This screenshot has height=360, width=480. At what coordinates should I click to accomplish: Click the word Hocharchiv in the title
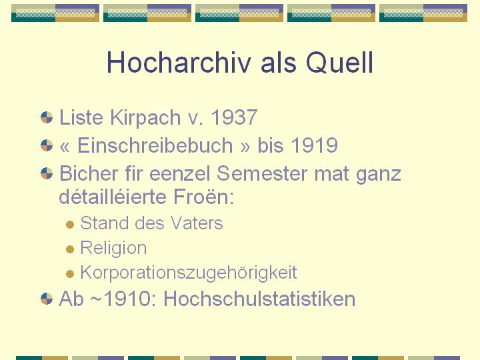click(179, 62)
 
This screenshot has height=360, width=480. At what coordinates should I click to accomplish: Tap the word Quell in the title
click(339, 62)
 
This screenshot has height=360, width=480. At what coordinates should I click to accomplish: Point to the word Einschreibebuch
click(155, 145)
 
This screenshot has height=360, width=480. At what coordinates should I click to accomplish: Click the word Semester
click(262, 173)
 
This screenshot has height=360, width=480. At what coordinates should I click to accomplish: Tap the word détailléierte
click(113, 196)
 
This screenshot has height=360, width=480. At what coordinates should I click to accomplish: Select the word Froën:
click(203, 196)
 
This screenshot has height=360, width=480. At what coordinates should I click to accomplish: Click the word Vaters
click(197, 223)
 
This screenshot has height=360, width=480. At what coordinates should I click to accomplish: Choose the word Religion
click(113, 249)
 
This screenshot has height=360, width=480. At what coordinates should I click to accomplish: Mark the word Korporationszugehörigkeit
click(189, 273)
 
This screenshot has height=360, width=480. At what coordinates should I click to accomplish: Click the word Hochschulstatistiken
click(259, 299)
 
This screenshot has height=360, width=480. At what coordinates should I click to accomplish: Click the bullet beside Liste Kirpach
click(47, 117)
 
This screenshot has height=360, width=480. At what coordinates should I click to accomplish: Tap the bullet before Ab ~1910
click(47, 299)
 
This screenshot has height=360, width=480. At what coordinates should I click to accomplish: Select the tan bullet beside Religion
click(70, 249)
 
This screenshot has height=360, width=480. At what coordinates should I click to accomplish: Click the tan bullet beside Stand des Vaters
click(70, 225)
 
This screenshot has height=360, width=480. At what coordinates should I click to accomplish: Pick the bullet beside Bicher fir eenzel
click(47, 173)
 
